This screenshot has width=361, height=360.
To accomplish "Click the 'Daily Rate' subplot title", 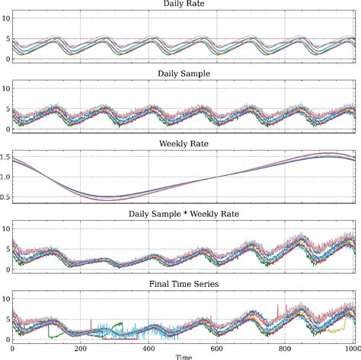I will [x=184, y=4].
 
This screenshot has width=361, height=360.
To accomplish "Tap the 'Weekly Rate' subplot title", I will [x=184, y=142].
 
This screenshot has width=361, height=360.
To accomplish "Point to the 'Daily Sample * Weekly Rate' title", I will [x=184, y=215].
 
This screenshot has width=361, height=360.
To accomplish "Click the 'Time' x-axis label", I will [x=184, y=356].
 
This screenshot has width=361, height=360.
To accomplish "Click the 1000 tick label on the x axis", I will [x=352, y=349].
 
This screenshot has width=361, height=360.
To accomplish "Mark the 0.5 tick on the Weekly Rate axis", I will [x=7, y=198].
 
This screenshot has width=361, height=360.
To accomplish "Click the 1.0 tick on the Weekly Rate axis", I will [x=7, y=177].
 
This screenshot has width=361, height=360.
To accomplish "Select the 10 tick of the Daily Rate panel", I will [x=6, y=18].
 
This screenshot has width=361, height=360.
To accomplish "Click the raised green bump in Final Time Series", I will [x=117, y=325].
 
